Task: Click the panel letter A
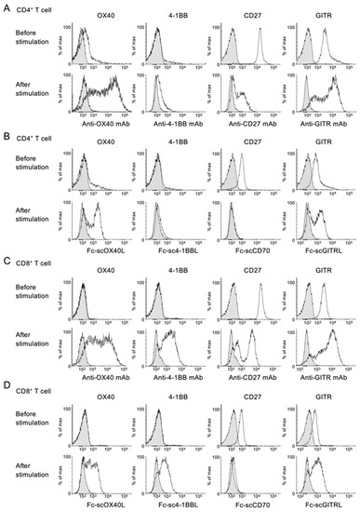[x=7, y=7]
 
